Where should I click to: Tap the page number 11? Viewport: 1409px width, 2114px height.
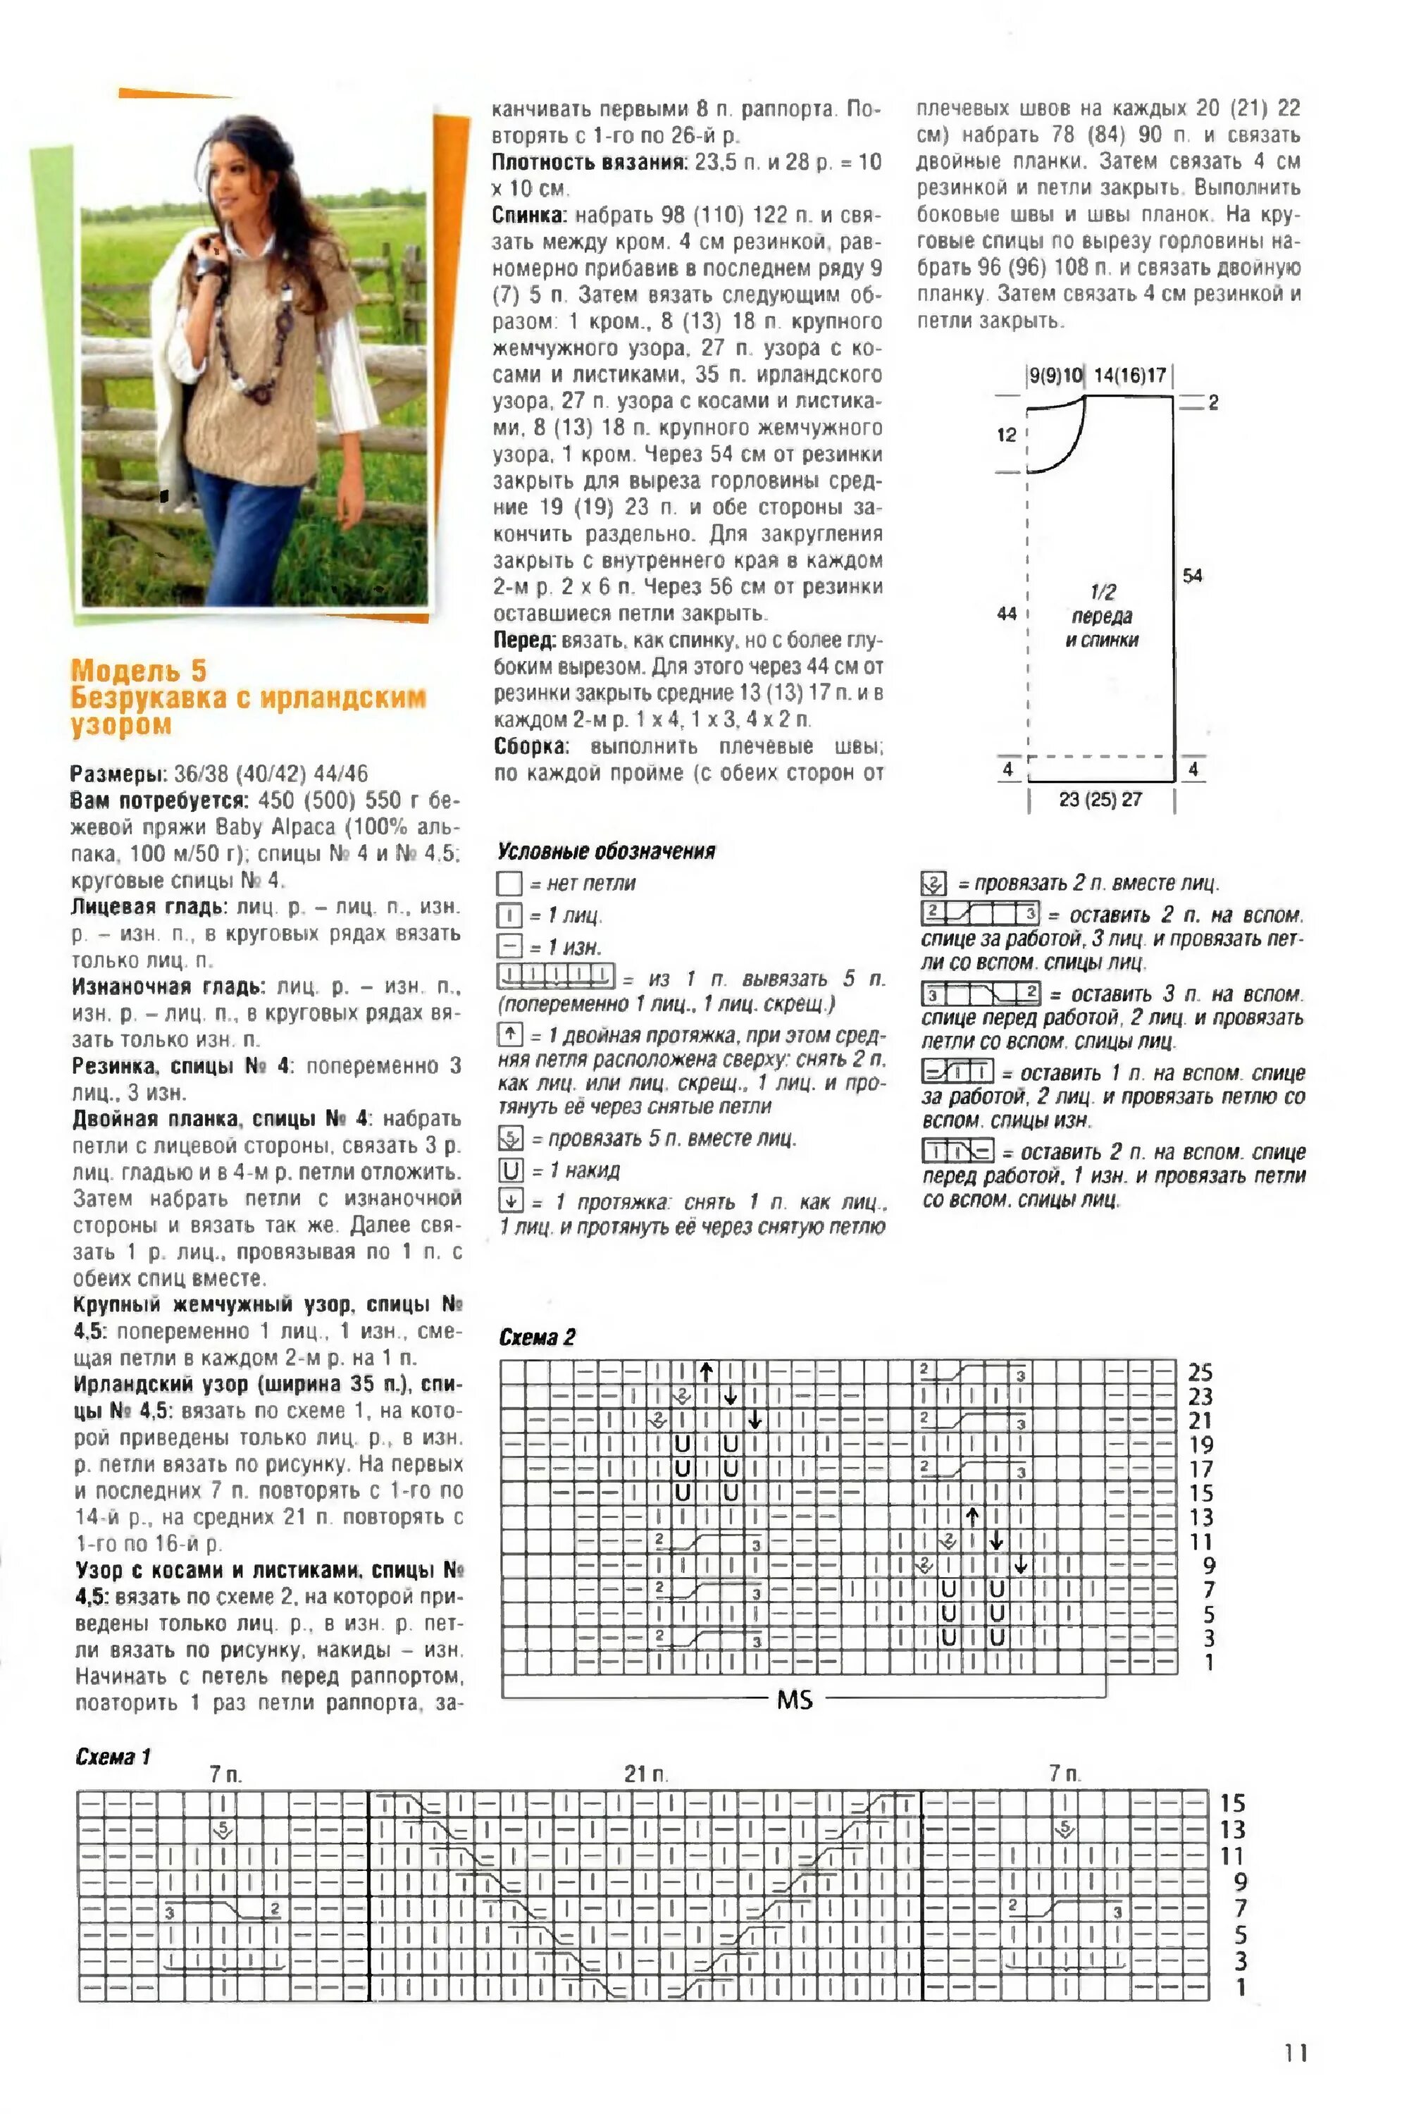(1295, 2053)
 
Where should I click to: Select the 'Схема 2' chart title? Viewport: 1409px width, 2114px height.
(536, 1337)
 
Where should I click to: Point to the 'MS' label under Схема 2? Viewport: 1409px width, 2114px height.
(795, 1700)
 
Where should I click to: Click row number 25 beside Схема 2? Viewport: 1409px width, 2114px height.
(1200, 1373)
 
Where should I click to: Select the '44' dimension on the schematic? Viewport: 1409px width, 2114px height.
(1007, 614)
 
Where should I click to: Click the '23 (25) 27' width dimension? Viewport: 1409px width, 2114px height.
(1100, 799)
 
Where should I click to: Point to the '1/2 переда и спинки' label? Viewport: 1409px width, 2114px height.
(1103, 616)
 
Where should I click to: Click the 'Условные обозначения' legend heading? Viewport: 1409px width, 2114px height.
(607, 851)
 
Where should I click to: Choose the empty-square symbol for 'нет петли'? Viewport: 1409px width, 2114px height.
(509, 884)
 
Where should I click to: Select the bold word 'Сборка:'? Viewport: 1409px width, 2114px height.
(531, 746)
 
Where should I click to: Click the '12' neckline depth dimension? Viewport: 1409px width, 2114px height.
(1007, 435)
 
